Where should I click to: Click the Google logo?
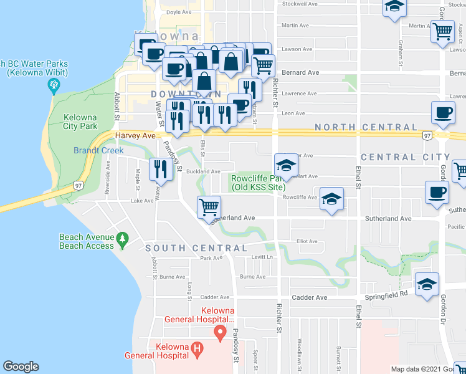pyautogui.click(x=21, y=367)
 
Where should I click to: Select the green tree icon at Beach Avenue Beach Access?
pyautogui.click(x=123, y=238)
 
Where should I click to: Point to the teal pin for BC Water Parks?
pyautogui.click(x=53, y=85)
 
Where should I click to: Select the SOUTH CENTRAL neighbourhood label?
pyautogui.click(x=188, y=248)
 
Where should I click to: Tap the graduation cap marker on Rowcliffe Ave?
pyautogui.click(x=331, y=199)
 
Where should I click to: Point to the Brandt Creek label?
pyautogui.click(x=95, y=150)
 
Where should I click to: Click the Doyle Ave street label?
pyautogui.click(x=179, y=12)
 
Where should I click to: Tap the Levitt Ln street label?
pyautogui.click(x=262, y=257)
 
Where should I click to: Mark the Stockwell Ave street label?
pyautogui.click(x=300, y=4)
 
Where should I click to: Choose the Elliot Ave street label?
pyautogui.click(x=307, y=241)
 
